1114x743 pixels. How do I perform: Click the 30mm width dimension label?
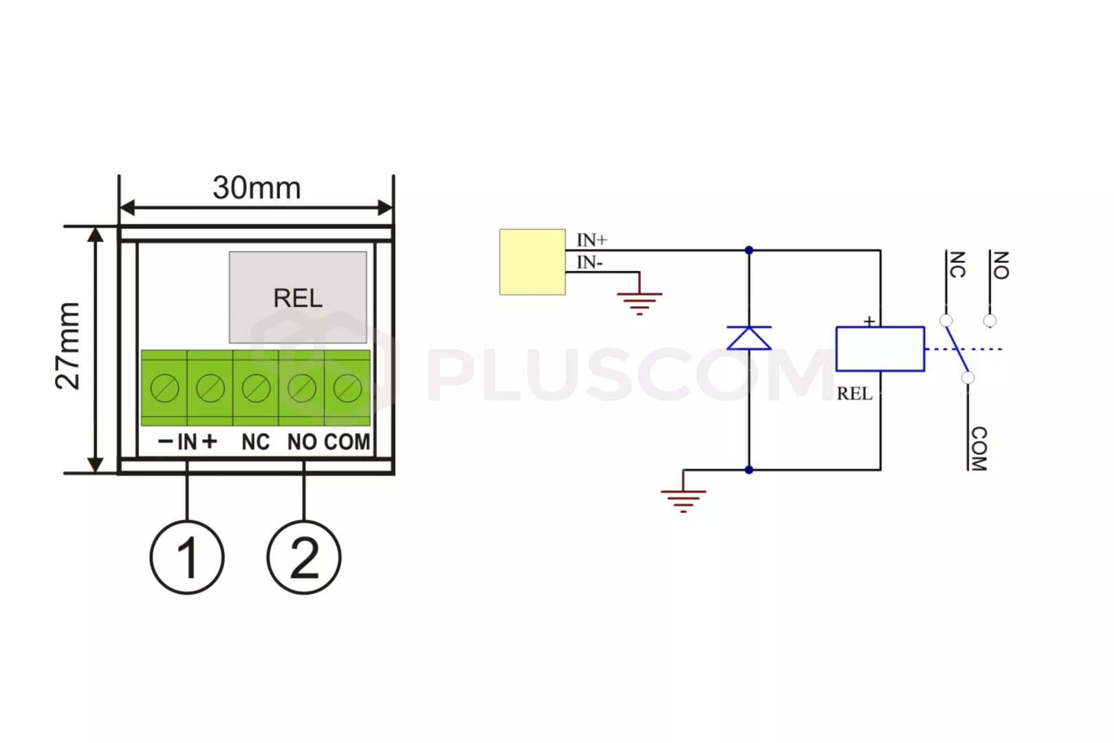click(x=256, y=188)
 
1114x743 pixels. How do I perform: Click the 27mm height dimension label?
click(x=67, y=346)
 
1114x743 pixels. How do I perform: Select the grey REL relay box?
click(x=298, y=297)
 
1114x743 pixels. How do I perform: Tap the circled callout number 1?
click(x=187, y=557)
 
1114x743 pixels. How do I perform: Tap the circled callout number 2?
click(x=304, y=557)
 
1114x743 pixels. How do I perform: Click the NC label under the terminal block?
click(x=256, y=442)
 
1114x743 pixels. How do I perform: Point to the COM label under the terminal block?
click(x=347, y=442)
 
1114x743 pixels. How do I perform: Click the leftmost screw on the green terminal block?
click(x=164, y=388)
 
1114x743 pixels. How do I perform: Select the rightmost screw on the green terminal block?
click(x=348, y=388)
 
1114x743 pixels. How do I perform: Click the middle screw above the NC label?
click(x=256, y=388)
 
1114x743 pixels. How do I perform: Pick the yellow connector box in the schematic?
click(x=532, y=261)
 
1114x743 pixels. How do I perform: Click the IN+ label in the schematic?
click(x=592, y=240)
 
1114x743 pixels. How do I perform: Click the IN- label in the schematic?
click(x=590, y=262)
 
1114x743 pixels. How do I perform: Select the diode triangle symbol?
click(x=749, y=338)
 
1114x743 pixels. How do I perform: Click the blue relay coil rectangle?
click(x=880, y=349)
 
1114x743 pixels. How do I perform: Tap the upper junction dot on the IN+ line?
click(x=749, y=250)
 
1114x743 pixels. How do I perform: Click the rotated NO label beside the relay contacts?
click(x=1001, y=266)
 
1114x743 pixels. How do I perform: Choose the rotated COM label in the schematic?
click(x=979, y=449)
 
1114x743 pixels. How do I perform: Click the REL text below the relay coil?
click(x=854, y=394)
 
